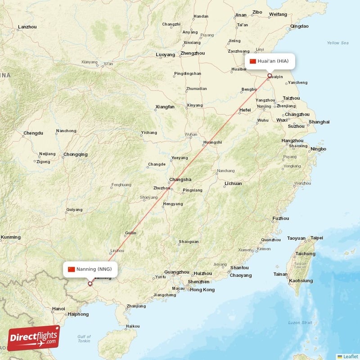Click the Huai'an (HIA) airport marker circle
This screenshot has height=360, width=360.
[x=270, y=76]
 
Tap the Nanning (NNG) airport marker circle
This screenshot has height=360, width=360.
[x=90, y=283]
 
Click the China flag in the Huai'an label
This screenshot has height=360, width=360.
[x=253, y=61]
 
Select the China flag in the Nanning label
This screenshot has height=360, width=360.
[x=71, y=269]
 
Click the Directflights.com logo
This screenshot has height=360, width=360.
[x=33, y=338]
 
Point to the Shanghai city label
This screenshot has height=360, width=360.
[x=319, y=122]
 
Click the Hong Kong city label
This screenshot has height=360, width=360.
[x=202, y=289]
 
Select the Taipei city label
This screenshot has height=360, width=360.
[x=317, y=238]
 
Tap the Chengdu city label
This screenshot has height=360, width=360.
[x=33, y=133]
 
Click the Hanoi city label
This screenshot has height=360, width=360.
[x=58, y=309]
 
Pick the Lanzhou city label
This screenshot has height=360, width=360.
[x=27, y=27]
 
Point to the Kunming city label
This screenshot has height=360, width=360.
[x=11, y=237]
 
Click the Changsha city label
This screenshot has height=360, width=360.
[x=180, y=179]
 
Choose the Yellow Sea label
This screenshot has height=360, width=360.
[x=337, y=43]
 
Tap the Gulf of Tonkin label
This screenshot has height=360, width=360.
[x=84, y=339]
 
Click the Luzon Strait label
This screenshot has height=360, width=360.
[x=300, y=323]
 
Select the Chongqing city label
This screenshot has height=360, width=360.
[x=76, y=154]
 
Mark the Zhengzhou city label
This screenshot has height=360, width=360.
[x=192, y=53]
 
